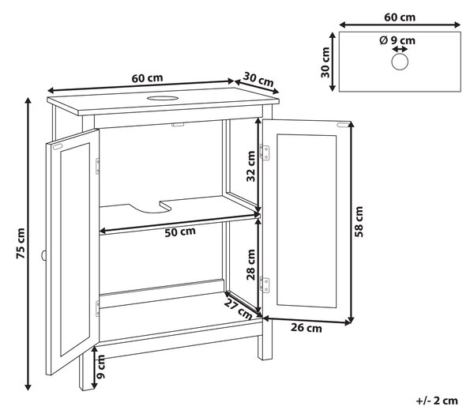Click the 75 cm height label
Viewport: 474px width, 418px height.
click(21, 243)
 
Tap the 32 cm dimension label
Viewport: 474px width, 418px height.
click(250, 166)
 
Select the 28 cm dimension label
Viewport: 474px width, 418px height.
click(250, 265)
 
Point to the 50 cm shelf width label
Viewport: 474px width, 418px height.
click(180, 232)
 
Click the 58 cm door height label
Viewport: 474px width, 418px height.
click(359, 222)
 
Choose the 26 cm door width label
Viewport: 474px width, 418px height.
click(307, 328)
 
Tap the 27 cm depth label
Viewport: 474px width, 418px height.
click(238, 309)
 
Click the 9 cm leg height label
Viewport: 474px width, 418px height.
click(100, 367)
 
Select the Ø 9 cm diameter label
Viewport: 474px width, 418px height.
click(397, 40)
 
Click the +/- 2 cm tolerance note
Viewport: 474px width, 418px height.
click(437, 401)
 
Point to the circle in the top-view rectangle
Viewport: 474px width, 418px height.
click(400, 62)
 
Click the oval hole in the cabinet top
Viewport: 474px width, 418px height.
click(163, 98)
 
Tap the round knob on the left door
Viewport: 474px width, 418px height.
click(43, 255)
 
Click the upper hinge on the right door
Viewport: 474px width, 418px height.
click(265, 153)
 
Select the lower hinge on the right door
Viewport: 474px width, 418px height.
click(265, 285)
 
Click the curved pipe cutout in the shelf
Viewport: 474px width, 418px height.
click(149, 208)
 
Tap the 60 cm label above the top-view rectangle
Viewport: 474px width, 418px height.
click(400, 17)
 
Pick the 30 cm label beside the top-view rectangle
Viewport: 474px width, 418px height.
click(325, 62)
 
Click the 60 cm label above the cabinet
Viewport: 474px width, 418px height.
click(147, 78)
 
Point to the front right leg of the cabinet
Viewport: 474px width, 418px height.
click(265, 341)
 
